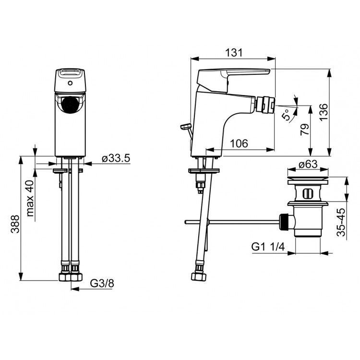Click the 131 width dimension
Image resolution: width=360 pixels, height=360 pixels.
point(233,53)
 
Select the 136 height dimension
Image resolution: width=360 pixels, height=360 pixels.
point(324,112)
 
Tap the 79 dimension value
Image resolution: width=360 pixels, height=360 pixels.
point(305,130)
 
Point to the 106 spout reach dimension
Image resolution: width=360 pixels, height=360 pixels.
point(239,144)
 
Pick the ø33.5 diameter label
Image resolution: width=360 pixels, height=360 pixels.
point(116,158)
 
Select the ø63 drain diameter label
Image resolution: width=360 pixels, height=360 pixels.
point(308,164)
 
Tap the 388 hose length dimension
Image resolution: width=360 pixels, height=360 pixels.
point(15,224)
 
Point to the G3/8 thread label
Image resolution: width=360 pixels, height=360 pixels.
point(102,283)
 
